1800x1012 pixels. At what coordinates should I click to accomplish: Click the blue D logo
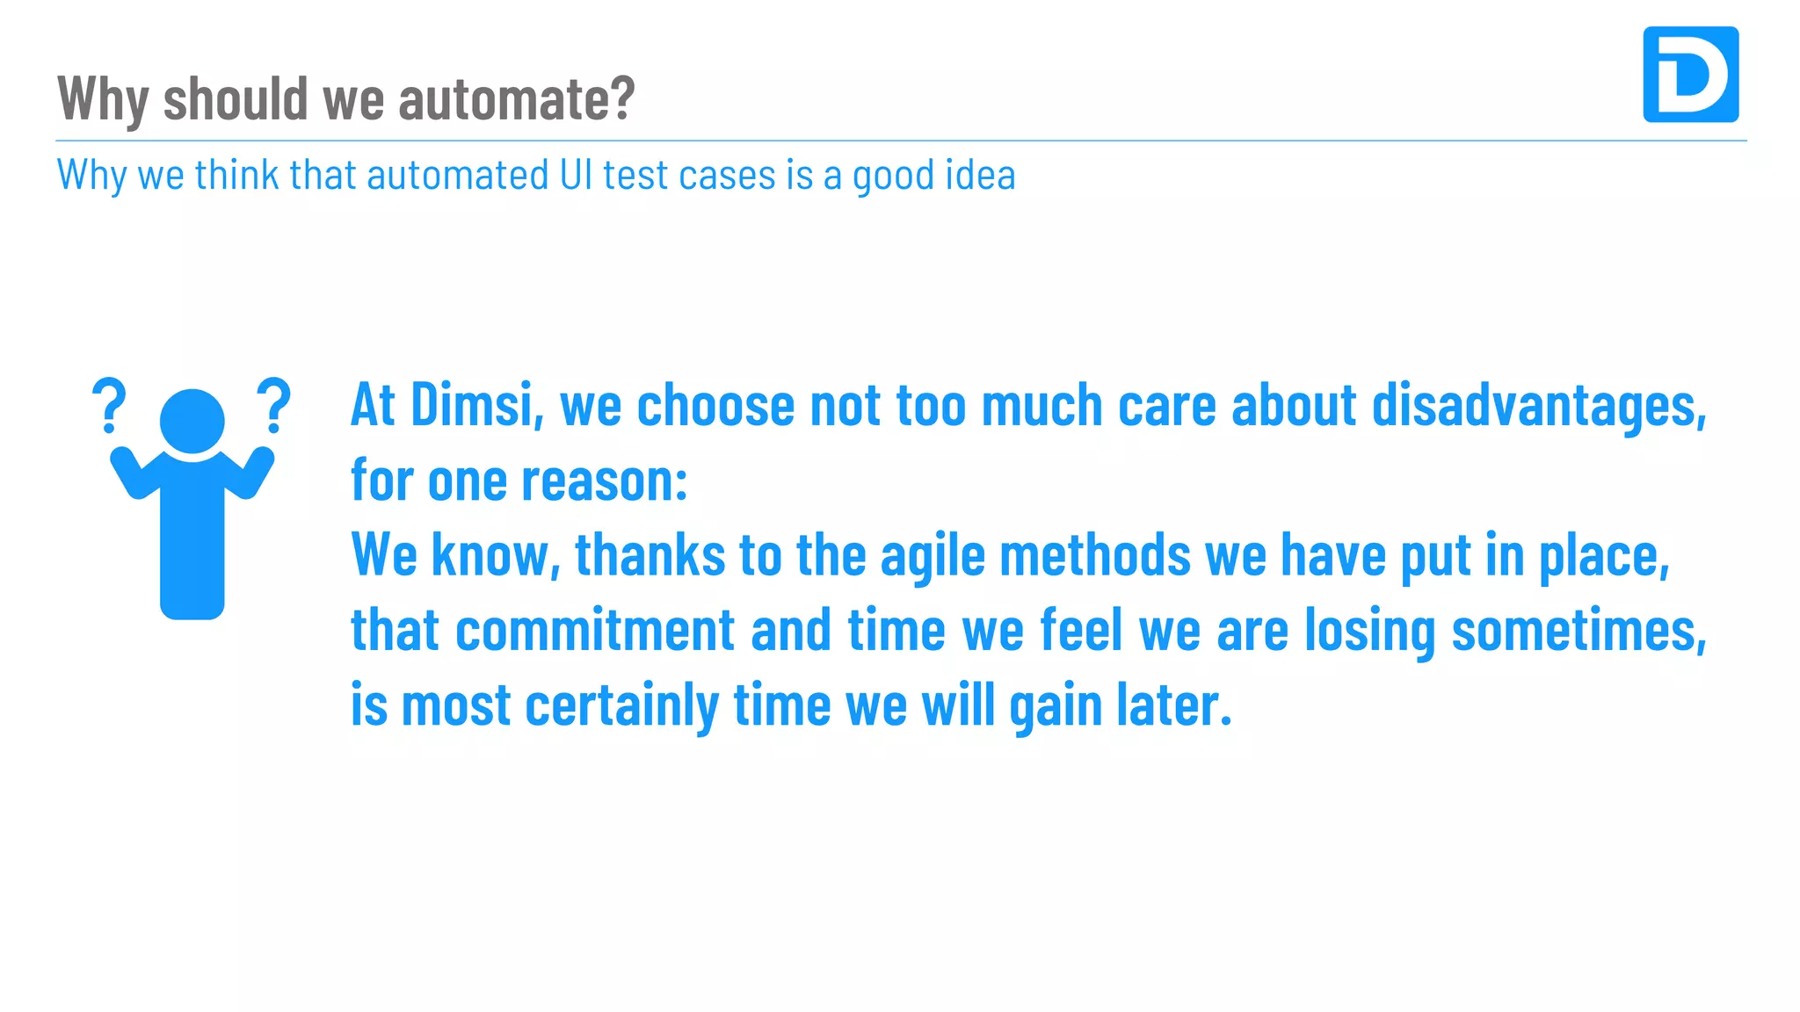click(1690, 75)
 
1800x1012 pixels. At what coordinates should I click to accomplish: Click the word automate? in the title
click(516, 98)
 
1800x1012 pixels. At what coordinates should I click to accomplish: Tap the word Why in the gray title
click(103, 99)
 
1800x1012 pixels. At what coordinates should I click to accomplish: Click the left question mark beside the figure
click(109, 406)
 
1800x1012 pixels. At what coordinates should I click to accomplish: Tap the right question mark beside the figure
click(273, 406)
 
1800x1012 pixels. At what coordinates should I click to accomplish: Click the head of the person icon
click(192, 421)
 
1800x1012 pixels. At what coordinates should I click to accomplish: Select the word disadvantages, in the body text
click(1539, 407)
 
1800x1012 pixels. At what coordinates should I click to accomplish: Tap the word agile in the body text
click(932, 557)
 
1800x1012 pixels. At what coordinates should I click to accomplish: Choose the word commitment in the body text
click(595, 630)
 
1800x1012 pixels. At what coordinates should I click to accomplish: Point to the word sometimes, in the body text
click(1579, 631)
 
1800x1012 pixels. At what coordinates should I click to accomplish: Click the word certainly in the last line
click(621, 706)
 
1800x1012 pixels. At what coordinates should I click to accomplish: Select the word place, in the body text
click(1604, 557)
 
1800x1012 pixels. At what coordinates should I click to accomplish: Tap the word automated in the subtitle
click(457, 174)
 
